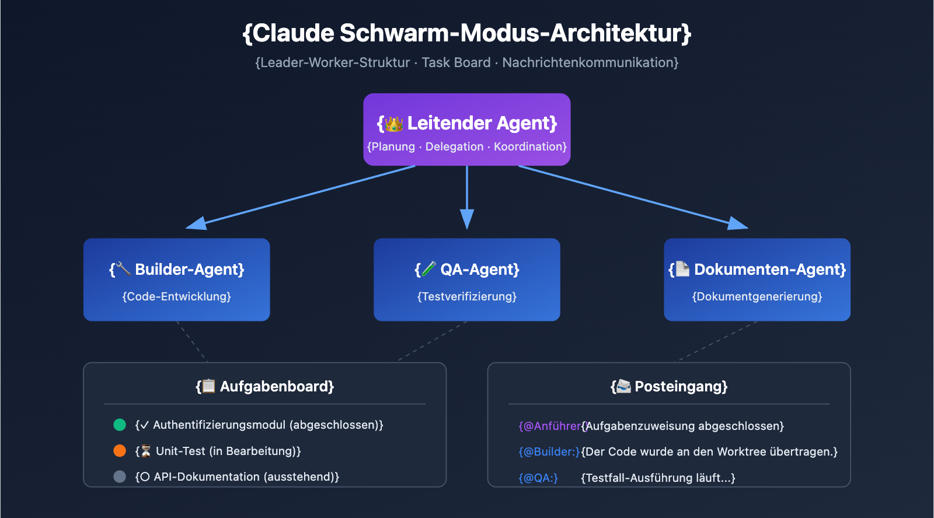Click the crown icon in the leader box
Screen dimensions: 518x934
(x=394, y=124)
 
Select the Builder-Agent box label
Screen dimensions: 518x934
(x=189, y=269)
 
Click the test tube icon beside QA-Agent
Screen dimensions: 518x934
(x=429, y=269)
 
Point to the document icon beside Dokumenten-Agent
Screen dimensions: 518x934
(x=682, y=269)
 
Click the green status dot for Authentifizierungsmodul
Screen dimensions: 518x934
(x=120, y=425)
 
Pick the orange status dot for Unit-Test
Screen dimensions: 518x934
(x=120, y=451)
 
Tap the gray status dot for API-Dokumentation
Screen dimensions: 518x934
(x=120, y=477)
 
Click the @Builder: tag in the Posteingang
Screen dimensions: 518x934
(x=549, y=452)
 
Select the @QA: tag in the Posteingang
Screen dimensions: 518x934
(x=538, y=478)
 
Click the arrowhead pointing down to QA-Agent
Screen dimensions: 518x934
(x=467, y=220)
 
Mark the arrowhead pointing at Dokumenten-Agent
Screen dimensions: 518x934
(x=738, y=223)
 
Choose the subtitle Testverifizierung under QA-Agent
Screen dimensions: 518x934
(x=467, y=296)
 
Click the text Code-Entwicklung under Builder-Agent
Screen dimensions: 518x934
(x=177, y=296)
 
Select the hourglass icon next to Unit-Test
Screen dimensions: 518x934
(x=146, y=451)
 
